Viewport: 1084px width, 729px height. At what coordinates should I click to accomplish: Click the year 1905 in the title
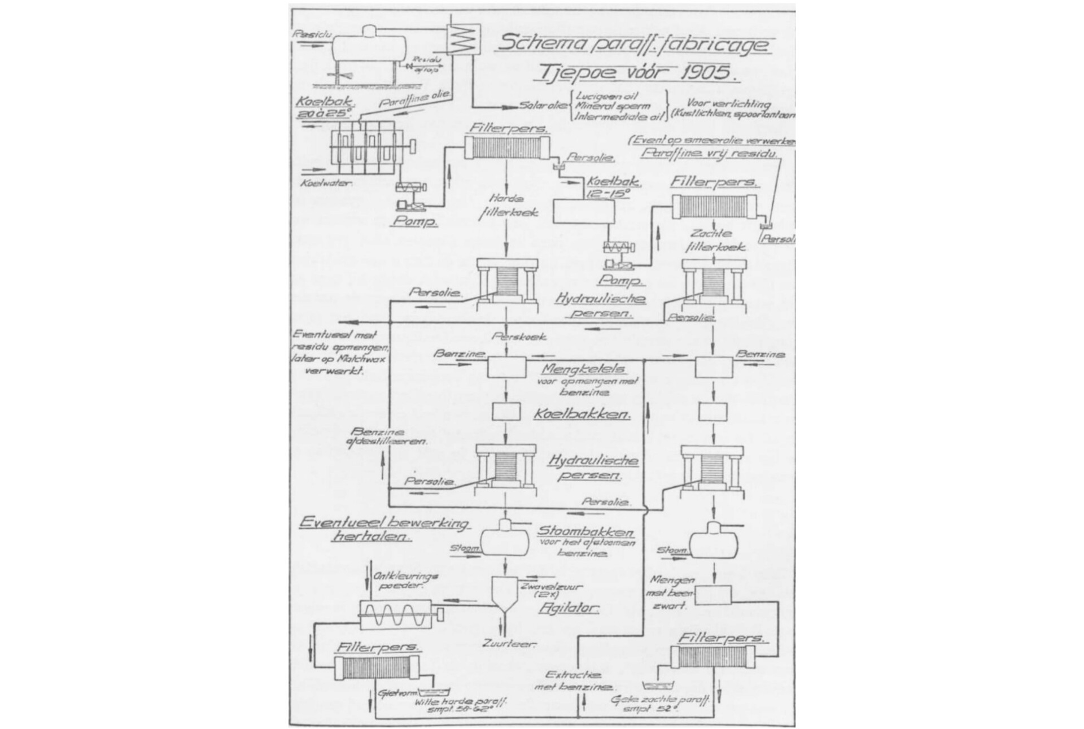pos(702,72)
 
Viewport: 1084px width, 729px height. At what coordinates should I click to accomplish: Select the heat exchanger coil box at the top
pos(462,41)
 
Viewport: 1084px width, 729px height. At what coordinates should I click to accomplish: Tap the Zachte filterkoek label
pos(715,240)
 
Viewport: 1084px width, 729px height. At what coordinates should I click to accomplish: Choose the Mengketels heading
pos(584,369)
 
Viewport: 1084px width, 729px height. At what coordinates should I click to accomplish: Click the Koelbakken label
pos(582,414)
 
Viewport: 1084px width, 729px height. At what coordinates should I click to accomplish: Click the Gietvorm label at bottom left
pos(390,692)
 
